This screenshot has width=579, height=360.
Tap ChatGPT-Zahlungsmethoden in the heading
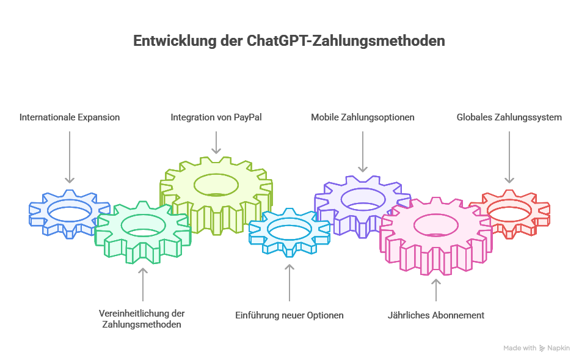tap(346, 42)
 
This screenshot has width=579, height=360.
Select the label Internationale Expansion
tap(70, 117)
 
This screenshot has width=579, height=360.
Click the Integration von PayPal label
tap(216, 117)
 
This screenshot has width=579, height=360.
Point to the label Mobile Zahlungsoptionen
tap(363, 117)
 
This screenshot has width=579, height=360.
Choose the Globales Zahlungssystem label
tap(509, 117)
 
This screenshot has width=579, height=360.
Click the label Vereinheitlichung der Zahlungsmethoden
tap(142, 319)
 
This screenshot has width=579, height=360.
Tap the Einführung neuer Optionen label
tap(289, 315)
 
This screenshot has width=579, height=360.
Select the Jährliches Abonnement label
tap(436, 315)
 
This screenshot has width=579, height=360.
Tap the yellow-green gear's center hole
tap(216, 184)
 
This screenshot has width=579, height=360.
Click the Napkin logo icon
tap(542, 348)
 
